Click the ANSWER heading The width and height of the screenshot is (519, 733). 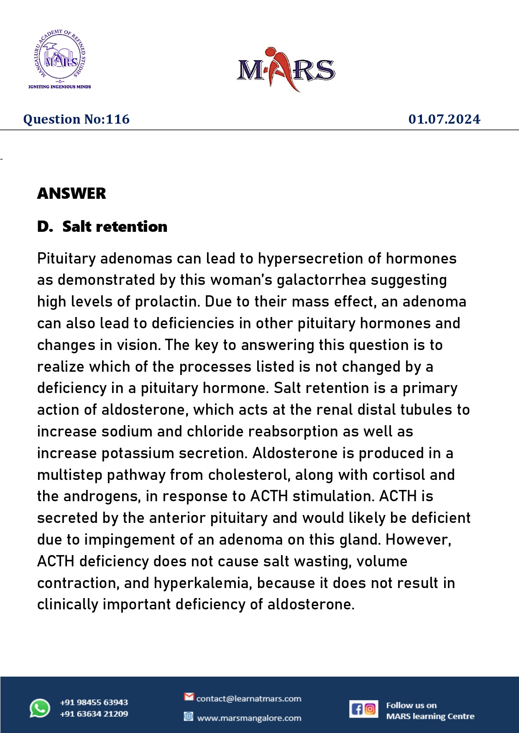click(72, 194)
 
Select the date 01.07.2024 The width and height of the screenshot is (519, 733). click(444, 119)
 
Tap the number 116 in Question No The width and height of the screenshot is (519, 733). click(118, 119)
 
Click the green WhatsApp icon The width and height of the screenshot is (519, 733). click(40, 708)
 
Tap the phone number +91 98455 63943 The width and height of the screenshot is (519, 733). click(94, 703)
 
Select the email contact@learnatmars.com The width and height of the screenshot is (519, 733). click(248, 699)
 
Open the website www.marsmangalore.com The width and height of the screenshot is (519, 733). click(249, 718)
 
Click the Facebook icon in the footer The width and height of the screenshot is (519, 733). click(357, 709)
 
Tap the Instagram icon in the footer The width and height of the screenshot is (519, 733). click(370, 709)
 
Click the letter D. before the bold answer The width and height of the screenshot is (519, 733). click(44, 227)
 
